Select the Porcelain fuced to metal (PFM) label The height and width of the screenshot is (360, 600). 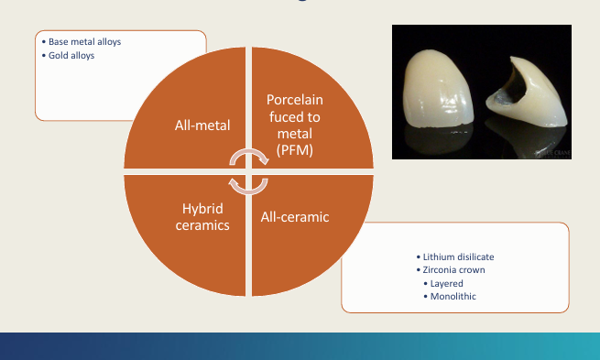click(x=296, y=125)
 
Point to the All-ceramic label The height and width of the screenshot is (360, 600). click(x=296, y=217)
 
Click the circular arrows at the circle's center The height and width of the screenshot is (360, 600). click(x=248, y=171)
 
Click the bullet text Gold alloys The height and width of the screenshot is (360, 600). click(x=71, y=56)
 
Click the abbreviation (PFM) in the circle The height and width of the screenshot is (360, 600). click(x=296, y=149)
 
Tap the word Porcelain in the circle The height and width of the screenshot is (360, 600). click(x=296, y=100)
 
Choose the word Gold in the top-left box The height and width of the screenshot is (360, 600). click(x=59, y=56)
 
